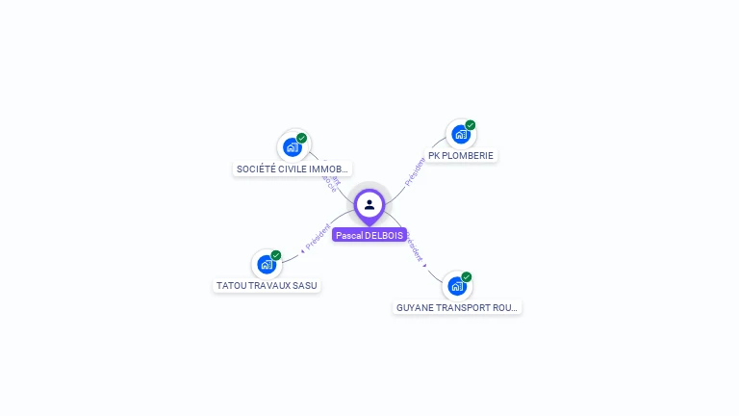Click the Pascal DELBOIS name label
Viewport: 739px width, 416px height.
369,235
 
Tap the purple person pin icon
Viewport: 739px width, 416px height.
369,204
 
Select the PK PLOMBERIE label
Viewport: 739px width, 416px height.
462,155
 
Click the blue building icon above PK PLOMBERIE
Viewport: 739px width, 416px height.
460,134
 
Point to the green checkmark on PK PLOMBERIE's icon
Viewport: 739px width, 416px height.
471,125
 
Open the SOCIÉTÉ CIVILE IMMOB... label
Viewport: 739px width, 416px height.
293,169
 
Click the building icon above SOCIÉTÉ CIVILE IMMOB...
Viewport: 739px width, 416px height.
292,147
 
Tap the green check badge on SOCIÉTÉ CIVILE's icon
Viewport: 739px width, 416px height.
302,138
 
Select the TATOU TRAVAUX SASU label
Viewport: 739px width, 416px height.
267,285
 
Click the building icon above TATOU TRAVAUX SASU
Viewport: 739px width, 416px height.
267,264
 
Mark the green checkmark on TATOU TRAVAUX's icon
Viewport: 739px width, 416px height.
276,255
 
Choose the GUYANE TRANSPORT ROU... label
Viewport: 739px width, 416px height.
457,308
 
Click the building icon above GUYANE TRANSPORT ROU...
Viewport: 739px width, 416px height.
456,286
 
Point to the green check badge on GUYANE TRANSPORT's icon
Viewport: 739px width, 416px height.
467,277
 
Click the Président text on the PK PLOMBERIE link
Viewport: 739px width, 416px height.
415,171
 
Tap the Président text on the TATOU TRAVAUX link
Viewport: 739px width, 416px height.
318,237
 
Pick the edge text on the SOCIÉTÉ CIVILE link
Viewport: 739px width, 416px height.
330,180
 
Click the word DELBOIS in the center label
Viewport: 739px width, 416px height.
384,235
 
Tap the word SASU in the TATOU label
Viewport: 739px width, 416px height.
305,285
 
